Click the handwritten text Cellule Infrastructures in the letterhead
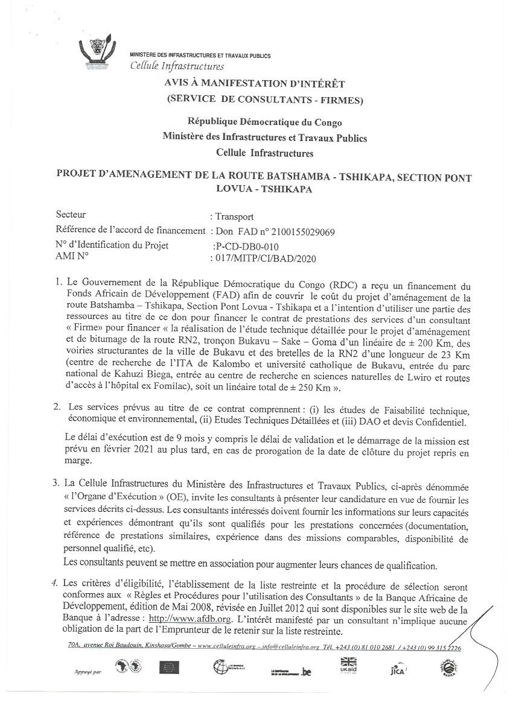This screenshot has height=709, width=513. (177, 66)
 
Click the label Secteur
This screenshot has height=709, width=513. (71, 215)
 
